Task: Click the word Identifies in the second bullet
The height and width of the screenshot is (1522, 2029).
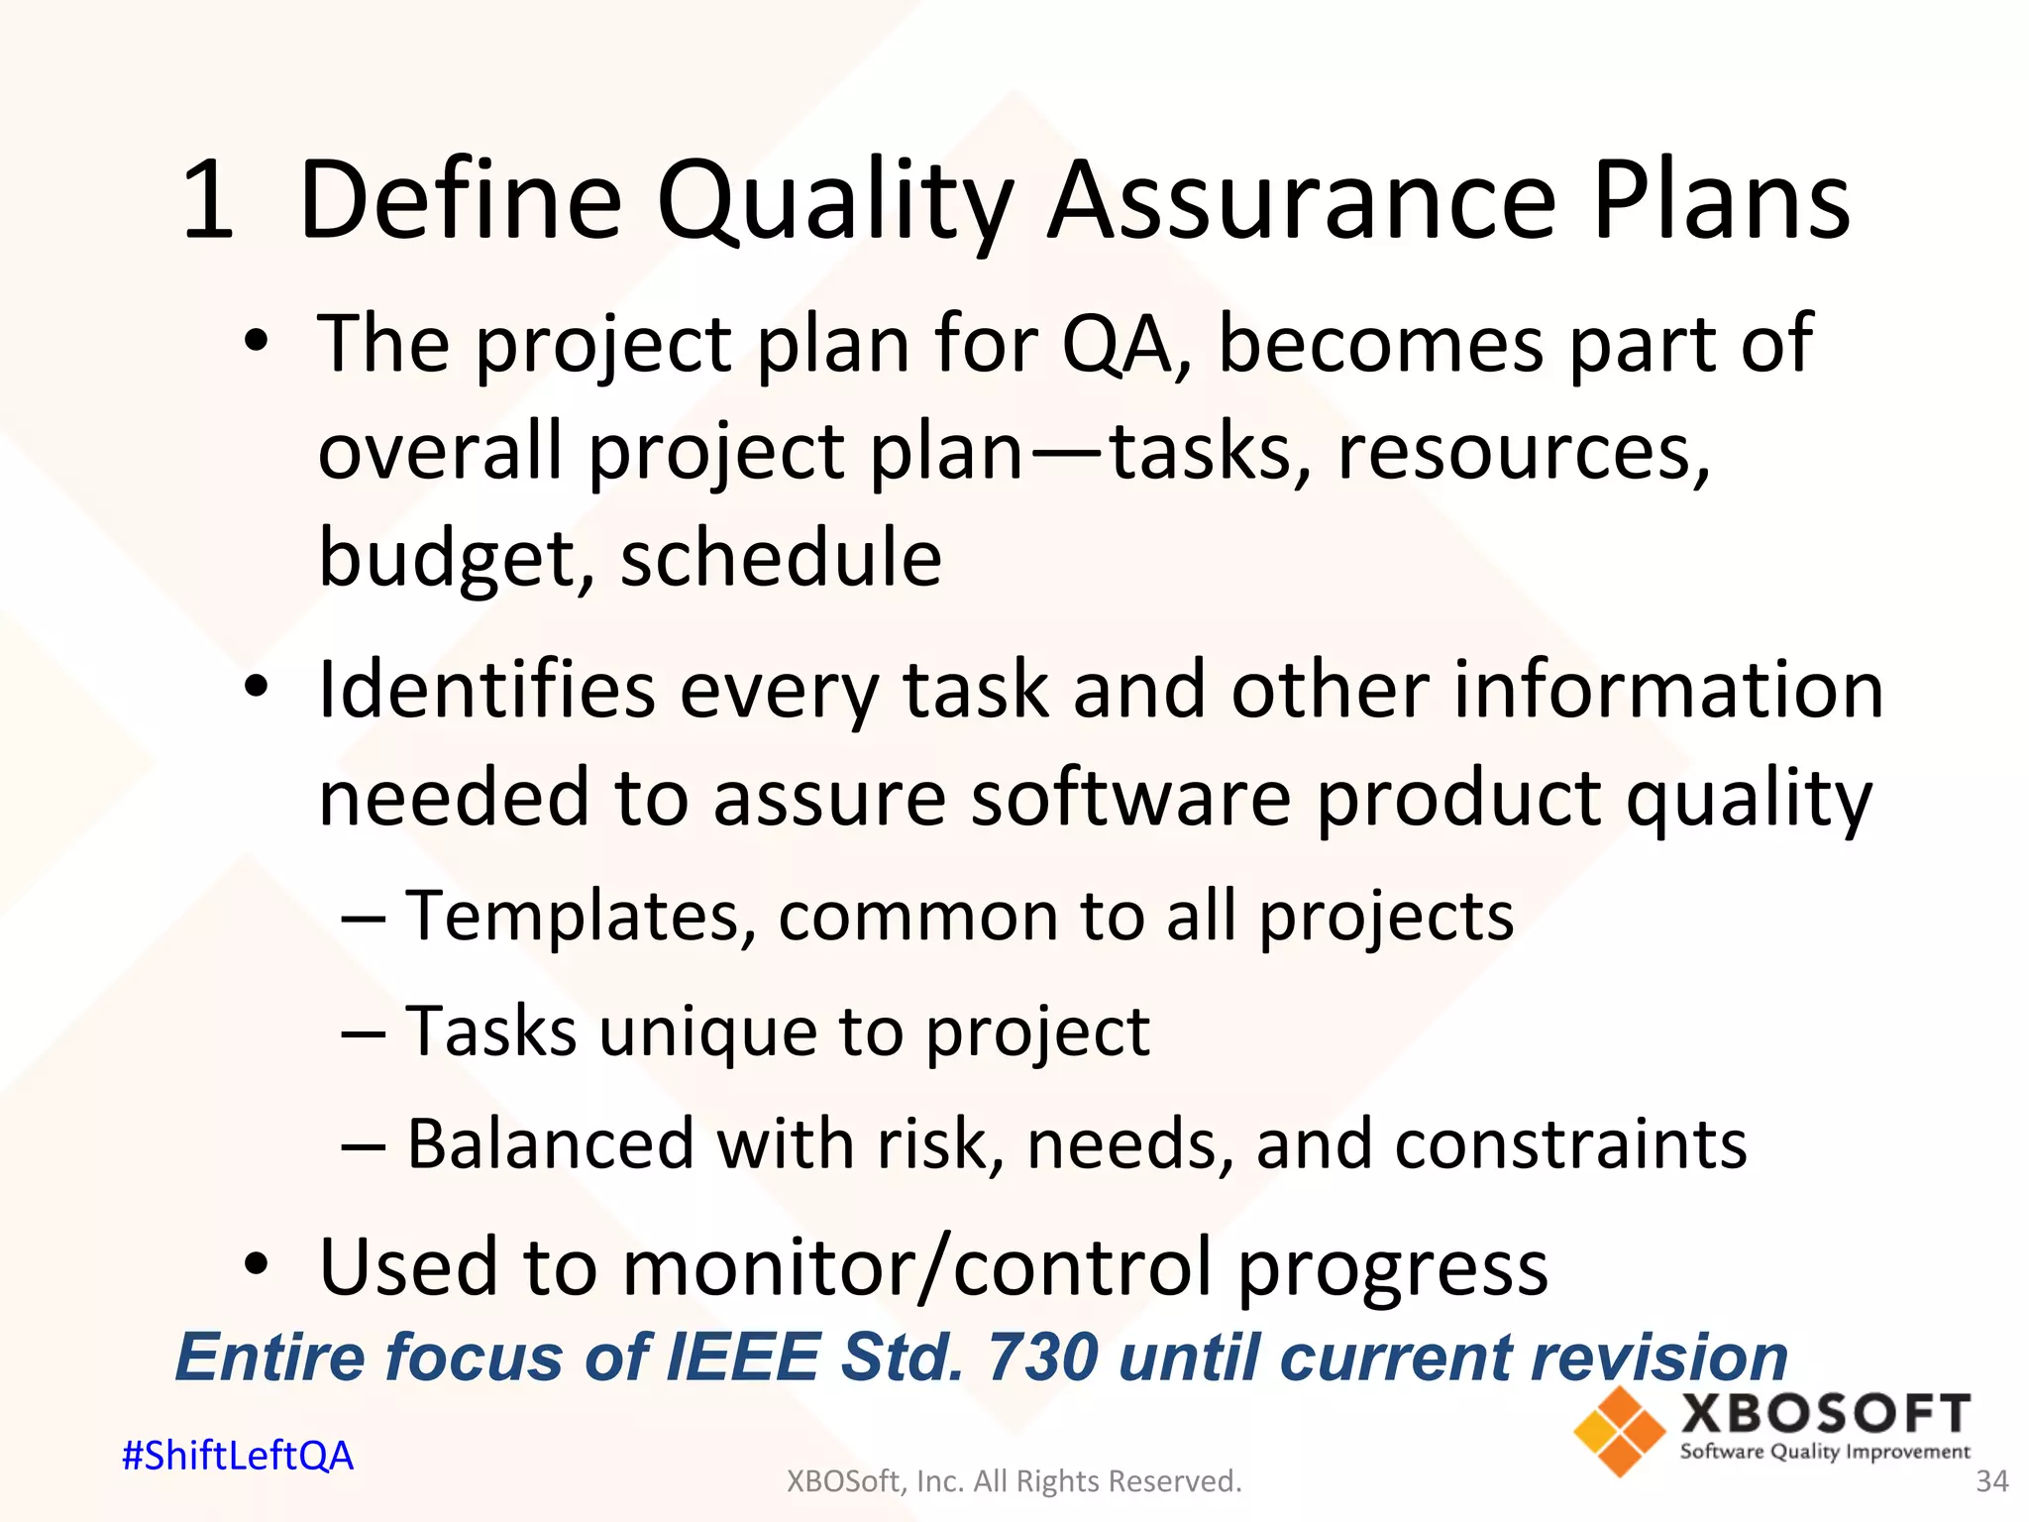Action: [485, 690]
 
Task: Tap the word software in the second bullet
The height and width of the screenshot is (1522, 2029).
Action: [1129, 799]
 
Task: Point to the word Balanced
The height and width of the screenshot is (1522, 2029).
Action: [550, 1144]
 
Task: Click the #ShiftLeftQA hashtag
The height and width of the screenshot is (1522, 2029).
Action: [237, 1456]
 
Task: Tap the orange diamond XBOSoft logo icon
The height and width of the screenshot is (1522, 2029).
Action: [1619, 1432]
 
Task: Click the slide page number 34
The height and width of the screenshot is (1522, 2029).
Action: [1991, 1481]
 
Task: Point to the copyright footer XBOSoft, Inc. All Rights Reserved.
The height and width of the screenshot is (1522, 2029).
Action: [1014, 1481]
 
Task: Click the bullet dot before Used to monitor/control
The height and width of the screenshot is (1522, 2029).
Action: [257, 1265]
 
